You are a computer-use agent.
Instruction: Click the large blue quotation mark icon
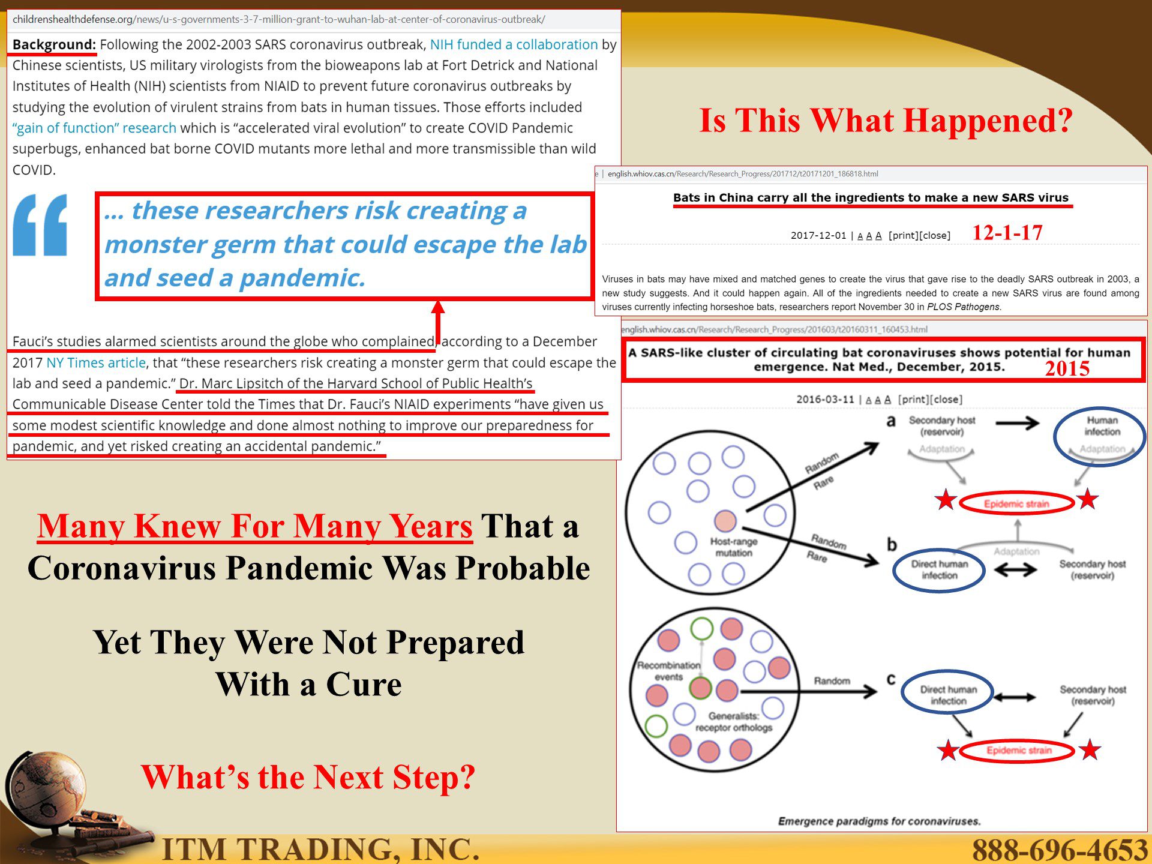pos(40,225)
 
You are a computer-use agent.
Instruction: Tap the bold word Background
pos(54,44)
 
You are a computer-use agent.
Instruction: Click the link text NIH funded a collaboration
pos(514,44)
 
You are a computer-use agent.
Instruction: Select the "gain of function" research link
pos(94,128)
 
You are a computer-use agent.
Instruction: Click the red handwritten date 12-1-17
pos(1007,233)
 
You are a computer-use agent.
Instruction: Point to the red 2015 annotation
pos(1067,368)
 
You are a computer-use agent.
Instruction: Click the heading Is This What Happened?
pos(886,121)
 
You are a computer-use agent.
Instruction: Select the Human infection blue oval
pos(1099,437)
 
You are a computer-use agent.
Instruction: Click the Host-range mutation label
pos(733,547)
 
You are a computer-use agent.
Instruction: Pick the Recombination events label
pos(668,671)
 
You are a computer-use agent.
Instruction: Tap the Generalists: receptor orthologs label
pos(734,722)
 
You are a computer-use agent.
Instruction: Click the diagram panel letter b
pos(892,544)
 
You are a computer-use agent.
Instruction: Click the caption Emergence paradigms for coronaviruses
pos(879,821)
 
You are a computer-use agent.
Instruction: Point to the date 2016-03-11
pos(824,400)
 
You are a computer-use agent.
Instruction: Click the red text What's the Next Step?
pos(308,778)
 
